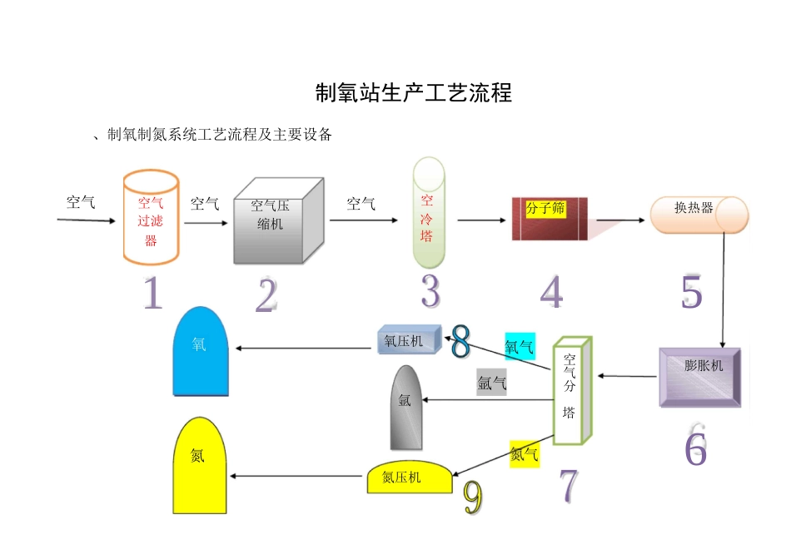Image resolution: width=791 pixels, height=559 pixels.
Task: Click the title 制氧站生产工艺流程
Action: [414, 92]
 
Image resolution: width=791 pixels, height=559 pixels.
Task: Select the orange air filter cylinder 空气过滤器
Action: [151, 218]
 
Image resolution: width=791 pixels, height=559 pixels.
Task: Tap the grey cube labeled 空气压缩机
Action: [278, 220]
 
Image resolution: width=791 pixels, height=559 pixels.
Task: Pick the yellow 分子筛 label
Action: [545, 209]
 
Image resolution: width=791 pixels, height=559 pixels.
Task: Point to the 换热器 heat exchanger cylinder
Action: [699, 213]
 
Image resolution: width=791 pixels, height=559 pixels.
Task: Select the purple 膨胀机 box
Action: [699, 377]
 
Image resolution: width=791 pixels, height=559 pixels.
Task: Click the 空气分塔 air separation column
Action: [572, 391]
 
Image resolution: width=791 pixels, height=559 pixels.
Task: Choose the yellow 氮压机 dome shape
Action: [410, 477]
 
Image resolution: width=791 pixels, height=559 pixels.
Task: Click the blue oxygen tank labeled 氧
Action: [200, 350]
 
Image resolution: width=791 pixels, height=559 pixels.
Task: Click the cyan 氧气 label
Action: [519, 345]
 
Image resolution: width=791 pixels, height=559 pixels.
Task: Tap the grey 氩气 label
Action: [491, 383]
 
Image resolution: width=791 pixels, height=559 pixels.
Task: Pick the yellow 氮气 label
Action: [524, 454]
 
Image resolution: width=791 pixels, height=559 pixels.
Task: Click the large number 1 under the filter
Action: [152, 294]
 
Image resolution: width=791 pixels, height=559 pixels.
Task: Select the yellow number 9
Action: [472, 497]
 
